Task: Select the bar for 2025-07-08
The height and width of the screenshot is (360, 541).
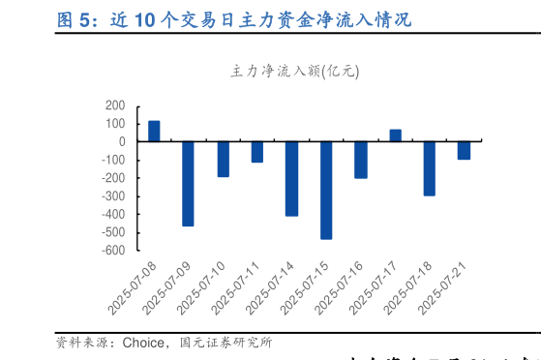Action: coord(154,131)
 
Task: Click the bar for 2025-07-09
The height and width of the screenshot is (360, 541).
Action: coord(188,184)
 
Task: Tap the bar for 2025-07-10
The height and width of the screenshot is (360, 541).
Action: coord(223,159)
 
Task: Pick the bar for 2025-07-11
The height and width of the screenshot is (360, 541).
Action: coord(257,151)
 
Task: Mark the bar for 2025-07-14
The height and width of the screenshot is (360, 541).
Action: coord(291,178)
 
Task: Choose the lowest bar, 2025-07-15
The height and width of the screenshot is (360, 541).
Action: coord(326,190)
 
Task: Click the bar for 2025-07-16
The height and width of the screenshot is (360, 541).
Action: coord(361,160)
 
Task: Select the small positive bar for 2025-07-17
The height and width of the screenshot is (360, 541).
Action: coord(395,135)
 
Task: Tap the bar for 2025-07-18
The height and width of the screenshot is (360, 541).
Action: coord(430,168)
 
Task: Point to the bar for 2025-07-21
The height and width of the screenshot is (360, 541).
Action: coord(465,150)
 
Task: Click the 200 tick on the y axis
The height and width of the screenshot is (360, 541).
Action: coord(115,105)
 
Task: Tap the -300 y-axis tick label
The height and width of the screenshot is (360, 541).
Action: coord(112,196)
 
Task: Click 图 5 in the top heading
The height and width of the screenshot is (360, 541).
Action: coord(78,18)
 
